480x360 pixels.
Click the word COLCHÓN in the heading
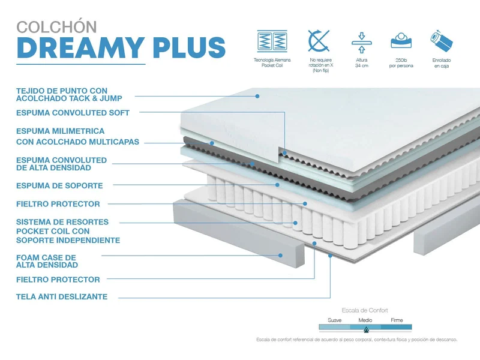(56, 26)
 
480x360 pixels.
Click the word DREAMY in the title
(80, 47)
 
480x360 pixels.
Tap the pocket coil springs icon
(272, 40)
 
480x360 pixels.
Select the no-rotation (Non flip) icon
(319, 41)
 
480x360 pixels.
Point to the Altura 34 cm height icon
(362, 42)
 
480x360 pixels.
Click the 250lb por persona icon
(401, 40)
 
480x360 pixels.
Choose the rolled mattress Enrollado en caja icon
(442, 41)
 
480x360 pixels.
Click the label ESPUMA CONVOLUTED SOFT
(73, 113)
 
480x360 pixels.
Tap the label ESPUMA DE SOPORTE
(59, 185)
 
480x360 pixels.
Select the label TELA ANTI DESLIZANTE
(62, 296)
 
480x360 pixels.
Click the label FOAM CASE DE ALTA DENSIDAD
(47, 261)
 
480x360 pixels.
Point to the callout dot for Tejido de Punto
(257, 96)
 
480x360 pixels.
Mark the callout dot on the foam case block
(280, 256)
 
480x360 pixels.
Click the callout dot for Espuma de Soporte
(277, 185)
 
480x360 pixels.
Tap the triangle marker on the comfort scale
(366, 329)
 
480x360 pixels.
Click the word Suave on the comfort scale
(335, 320)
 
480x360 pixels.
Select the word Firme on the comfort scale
(397, 320)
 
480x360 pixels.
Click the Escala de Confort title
(365, 310)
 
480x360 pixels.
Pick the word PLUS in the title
(189, 47)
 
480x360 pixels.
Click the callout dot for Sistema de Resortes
(295, 223)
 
